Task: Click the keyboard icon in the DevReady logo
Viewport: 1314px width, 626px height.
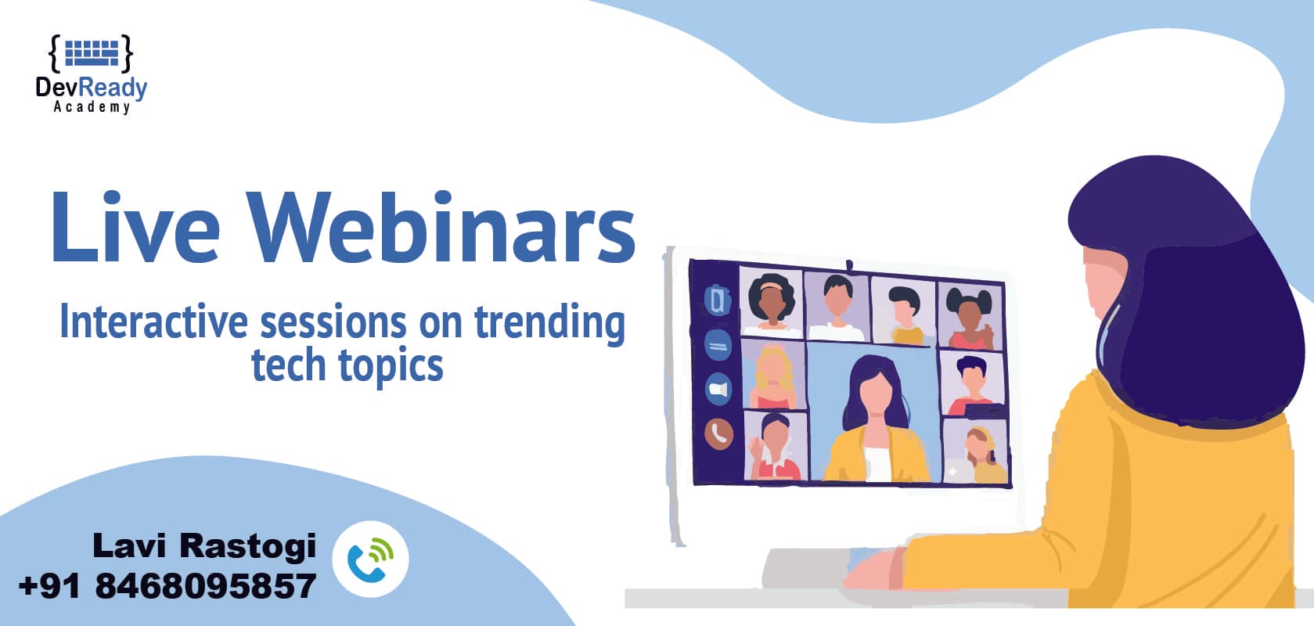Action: tap(91, 52)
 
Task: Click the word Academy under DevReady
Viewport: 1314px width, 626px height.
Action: tap(92, 107)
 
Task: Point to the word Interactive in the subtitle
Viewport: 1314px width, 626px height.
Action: tap(153, 322)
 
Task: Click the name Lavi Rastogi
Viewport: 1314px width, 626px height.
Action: tap(204, 545)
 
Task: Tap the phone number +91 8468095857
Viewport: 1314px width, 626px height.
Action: tap(167, 586)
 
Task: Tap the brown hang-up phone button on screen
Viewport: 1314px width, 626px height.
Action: tap(718, 433)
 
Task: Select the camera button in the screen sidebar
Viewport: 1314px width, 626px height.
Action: tap(718, 389)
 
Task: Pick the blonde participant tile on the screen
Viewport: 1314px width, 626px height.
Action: tap(772, 376)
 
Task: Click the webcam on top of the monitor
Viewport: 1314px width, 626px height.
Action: tap(849, 264)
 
